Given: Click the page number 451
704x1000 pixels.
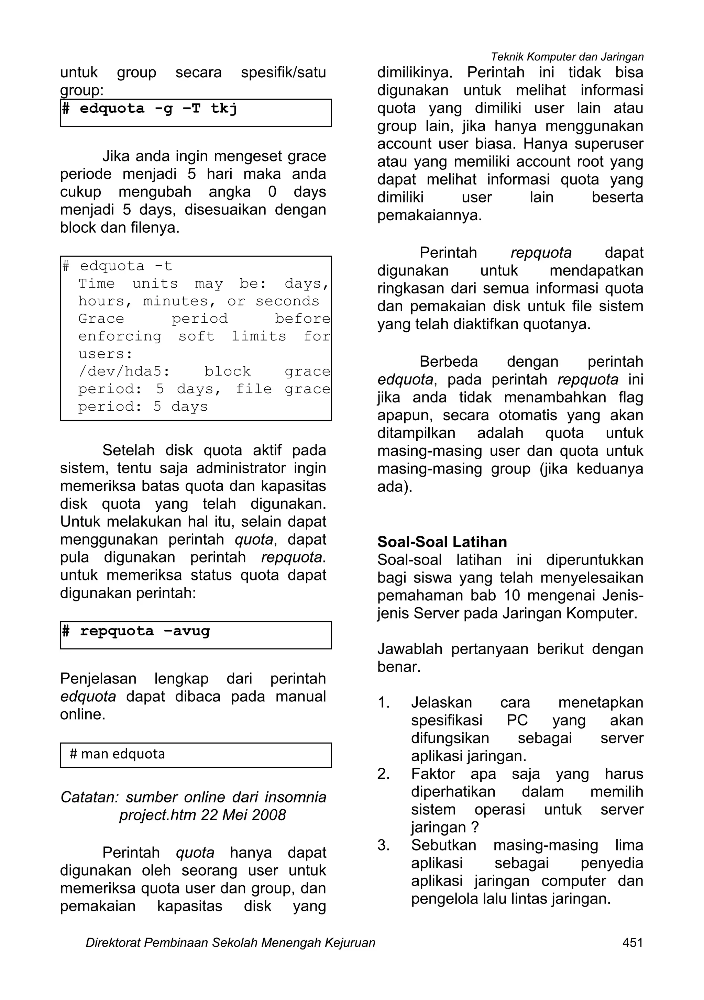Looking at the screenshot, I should pos(632,943).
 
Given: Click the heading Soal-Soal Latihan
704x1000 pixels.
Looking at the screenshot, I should pos(442,542).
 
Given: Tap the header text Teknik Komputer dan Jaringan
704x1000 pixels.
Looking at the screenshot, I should pos(567,57).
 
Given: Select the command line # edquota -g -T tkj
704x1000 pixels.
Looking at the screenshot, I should pos(150,109).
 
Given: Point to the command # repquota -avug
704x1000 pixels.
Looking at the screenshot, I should pos(136,631).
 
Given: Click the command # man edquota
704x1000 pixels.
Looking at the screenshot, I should pos(117,754).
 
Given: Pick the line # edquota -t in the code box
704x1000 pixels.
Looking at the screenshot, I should pos(117,266).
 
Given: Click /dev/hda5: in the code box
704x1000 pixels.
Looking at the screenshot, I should pos(124,371).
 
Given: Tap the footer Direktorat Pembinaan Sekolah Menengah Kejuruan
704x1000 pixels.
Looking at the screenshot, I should pos(230,943).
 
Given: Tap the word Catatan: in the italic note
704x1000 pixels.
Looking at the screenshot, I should pos(89,797).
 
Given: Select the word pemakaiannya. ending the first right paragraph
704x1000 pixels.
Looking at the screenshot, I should pos(429,215).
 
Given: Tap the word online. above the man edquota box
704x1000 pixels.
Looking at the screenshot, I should pos(83,714).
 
